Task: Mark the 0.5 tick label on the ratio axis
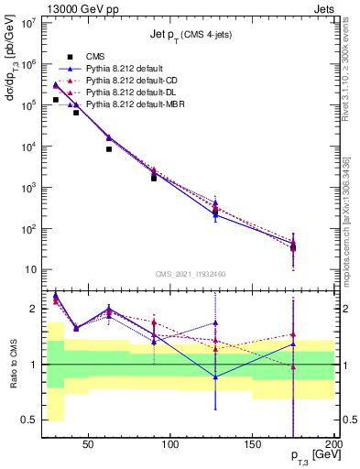click(29, 420)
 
